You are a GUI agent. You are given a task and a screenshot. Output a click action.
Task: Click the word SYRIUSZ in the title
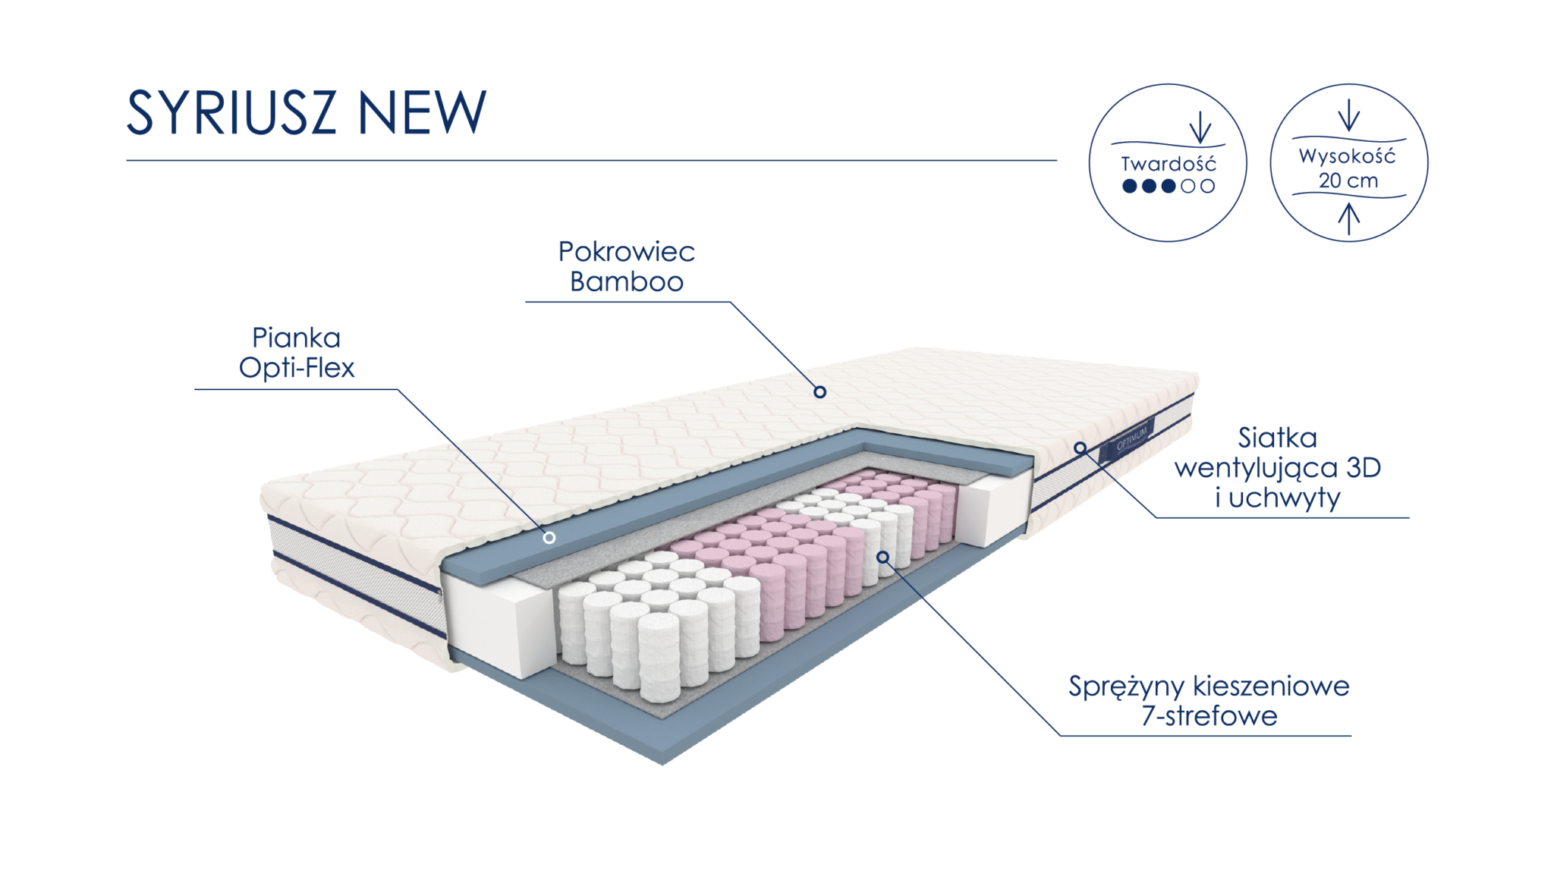click(x=230, y=112)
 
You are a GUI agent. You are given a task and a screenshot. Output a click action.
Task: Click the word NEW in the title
click(x=422, y=112)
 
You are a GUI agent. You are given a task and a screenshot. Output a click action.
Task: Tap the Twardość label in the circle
click(x=1168, y=164)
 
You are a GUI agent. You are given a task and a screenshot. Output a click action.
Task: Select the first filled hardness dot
click(x=1130, y=186)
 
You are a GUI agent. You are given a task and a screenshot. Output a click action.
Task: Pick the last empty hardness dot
click(x=1208, y=186)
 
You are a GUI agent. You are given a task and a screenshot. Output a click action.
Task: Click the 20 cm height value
click(x=1348, y=181)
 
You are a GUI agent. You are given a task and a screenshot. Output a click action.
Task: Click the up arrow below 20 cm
click(x=1349, y=218)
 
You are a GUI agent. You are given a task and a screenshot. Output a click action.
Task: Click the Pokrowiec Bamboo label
click(x=627, y=267)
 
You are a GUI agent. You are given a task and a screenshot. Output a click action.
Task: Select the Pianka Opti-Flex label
click(x=297, y=353)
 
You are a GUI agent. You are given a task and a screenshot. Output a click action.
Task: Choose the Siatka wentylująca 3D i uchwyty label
click(x=1278, y=467)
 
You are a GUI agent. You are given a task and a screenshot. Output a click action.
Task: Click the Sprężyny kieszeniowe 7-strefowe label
click(x=1209, y=700)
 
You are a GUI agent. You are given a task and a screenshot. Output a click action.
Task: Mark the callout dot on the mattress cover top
click(x=819, y=392)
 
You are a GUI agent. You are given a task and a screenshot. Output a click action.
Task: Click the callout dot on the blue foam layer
click(x=549, y=538)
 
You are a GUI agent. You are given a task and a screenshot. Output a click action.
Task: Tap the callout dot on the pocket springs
click(x=882, y=557)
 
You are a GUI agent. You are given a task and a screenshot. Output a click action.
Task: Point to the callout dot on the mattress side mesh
click(x=1080, y=448)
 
